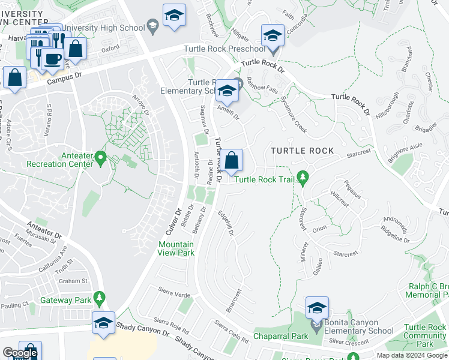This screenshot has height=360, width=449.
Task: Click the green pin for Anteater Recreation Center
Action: coord(100,159)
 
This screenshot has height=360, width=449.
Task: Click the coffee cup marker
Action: coord(53,58)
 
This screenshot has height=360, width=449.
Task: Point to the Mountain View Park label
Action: coord(176,248)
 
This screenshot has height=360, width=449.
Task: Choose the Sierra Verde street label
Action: coord(174,295)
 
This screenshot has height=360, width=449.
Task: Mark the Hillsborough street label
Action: coord(387,105)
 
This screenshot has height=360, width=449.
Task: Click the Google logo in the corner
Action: coord(20,353)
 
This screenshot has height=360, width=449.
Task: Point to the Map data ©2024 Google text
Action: coord(411,355)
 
